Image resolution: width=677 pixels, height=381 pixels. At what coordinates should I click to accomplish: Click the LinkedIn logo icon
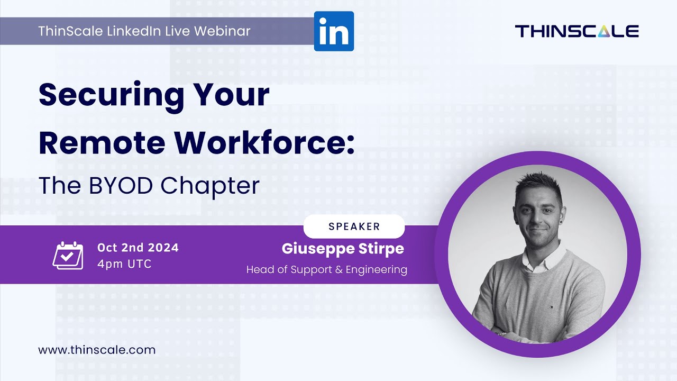coord(334,31)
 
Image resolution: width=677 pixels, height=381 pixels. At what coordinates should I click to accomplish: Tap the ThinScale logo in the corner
coord(577,31)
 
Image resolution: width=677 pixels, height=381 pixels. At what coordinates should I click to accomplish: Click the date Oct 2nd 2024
coord(138,248)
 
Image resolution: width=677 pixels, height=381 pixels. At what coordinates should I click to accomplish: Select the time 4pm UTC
coord(124,264)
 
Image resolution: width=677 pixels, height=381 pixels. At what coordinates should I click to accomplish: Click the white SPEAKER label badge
coord(354,226)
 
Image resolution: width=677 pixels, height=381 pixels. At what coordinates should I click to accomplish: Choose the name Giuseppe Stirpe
coord(343,248)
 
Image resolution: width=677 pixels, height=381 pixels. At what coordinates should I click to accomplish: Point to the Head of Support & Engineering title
coord(326,270)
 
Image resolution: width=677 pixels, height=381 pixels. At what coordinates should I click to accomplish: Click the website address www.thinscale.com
coord(97,350)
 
